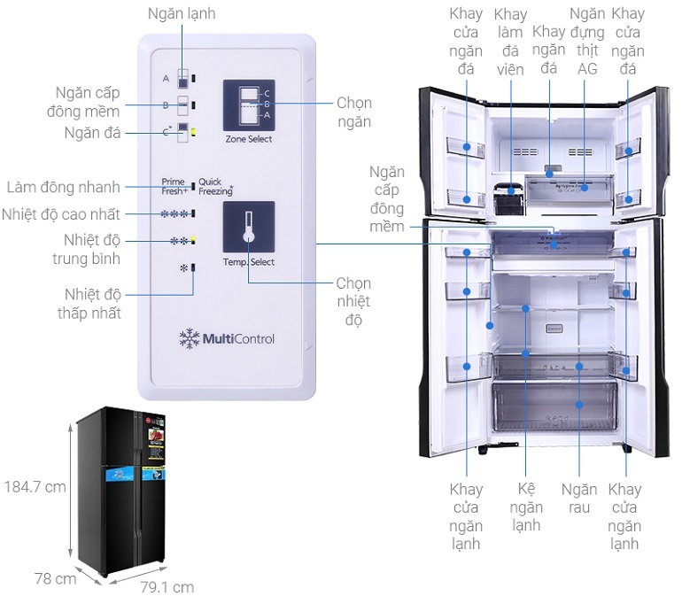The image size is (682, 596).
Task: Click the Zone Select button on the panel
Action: coord(248,107)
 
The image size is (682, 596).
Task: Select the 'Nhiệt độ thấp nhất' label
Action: coord(92,303)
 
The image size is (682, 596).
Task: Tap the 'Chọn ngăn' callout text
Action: coord(353,112)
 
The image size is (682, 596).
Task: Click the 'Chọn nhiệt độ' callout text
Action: coord(353,301)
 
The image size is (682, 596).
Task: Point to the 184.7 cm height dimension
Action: coord(35,486)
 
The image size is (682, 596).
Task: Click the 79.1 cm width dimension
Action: coord(167,586)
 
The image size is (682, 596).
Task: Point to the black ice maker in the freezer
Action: coord(508,198)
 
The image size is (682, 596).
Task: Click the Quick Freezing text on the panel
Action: coord(215,185)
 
